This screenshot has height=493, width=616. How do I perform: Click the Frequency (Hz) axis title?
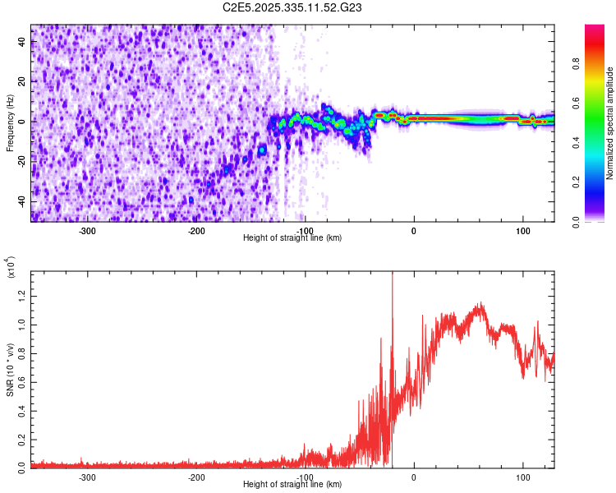point(10,123)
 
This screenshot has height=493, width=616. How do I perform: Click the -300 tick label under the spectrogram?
point(87,230)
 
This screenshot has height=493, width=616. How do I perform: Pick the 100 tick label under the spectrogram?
point(522,230)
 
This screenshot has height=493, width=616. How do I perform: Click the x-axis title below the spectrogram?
point(292,238)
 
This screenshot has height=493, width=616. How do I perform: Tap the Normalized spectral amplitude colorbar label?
point(609,123)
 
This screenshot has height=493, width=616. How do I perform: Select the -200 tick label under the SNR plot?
point(196,476)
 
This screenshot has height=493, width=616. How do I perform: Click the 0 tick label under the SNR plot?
point(414,476)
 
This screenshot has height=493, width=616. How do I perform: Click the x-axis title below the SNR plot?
point(292,485)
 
